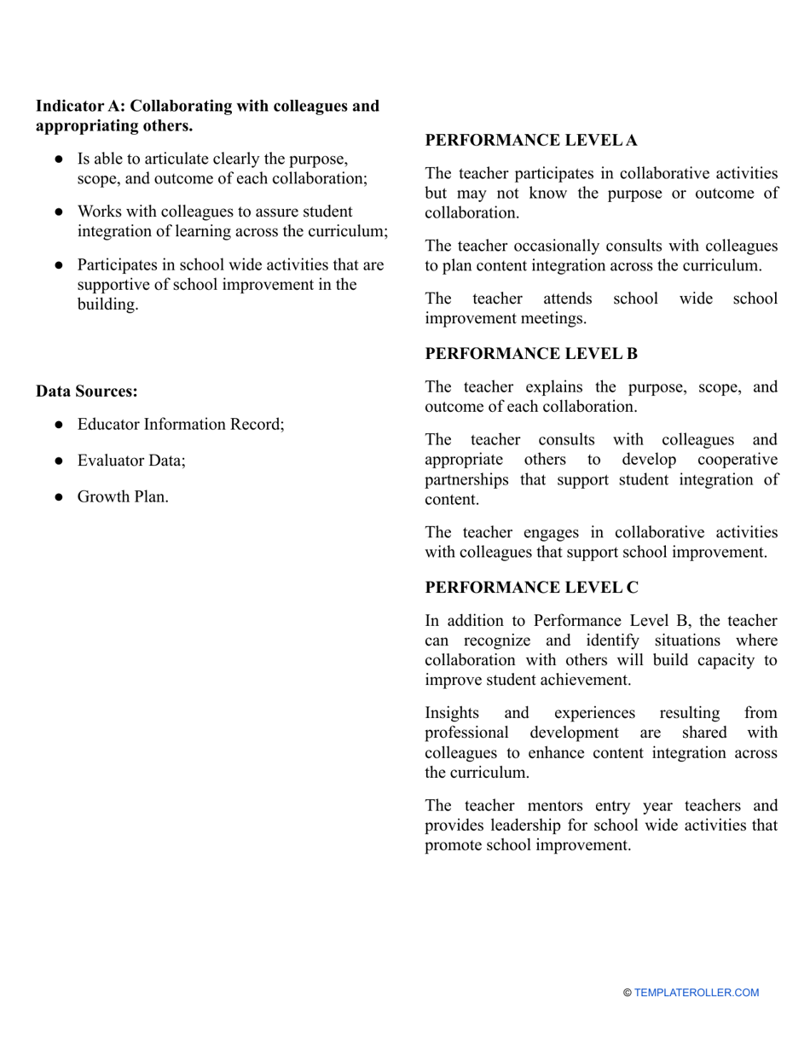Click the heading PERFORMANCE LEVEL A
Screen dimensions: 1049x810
tap(530, 141)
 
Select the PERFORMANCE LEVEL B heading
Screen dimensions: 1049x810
tap(530, 354)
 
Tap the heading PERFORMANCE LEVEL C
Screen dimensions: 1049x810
tap(530, 588)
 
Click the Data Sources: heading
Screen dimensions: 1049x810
tap(86, 391)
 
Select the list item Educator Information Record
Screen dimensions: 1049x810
tap(180, 424)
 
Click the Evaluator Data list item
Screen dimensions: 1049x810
tap(130, 461)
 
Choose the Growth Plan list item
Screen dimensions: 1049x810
tap(122, 496)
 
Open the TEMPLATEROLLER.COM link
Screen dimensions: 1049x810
tap(696, 993)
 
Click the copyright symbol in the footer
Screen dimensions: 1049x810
tap(628, 993)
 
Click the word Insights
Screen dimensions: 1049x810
tap(452, 713)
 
